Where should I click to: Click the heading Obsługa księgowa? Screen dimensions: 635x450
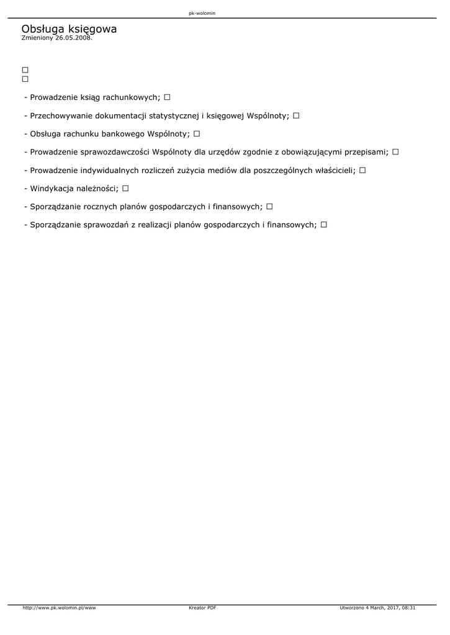[x=69, y=29]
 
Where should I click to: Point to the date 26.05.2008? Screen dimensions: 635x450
[x=73, y=38]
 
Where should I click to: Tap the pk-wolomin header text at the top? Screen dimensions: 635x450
[x=202, y=13]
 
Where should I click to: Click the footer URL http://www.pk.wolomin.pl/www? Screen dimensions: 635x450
[x=59, y=608]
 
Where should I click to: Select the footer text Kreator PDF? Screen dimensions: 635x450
[x=202, y=608]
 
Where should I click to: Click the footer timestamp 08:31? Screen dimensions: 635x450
[x=408, y=608]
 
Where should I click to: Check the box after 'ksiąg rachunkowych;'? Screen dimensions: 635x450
[x=168, y=97]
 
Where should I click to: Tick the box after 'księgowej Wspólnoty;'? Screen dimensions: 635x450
[x=296, y=115]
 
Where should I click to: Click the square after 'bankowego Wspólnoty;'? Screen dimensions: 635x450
[x=197, y=133]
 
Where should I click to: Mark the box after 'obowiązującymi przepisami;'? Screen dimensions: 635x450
[x=395, y=151]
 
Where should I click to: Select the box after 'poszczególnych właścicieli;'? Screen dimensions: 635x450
[x=362, y=170]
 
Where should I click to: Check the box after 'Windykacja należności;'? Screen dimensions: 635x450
[x=125, y=188]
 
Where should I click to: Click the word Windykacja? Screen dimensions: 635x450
[x=52, y=188]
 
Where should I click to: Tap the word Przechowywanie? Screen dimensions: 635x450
[x=61, y=115]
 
